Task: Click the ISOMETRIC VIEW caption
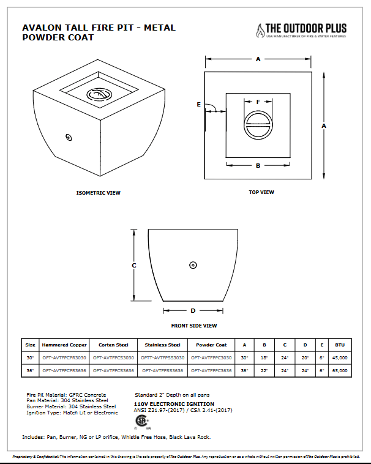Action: point(98,193)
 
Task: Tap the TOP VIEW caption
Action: point(261,192)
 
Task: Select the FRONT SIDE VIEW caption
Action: point(193,326)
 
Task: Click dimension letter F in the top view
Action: point(258,102)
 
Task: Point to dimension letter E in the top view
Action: point(199,105)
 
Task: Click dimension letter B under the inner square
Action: point(258,166)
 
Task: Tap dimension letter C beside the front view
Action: point(133,265)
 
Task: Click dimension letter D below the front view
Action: point(193,310)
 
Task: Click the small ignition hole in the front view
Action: point(193,265)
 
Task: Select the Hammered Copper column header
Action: point(64,345)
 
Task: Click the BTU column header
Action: point(340,345)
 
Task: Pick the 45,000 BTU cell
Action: point(340,357)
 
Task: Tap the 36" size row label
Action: point(30,370)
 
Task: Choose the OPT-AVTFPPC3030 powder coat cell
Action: point(211,357)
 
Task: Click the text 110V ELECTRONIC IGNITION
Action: point(174,404)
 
